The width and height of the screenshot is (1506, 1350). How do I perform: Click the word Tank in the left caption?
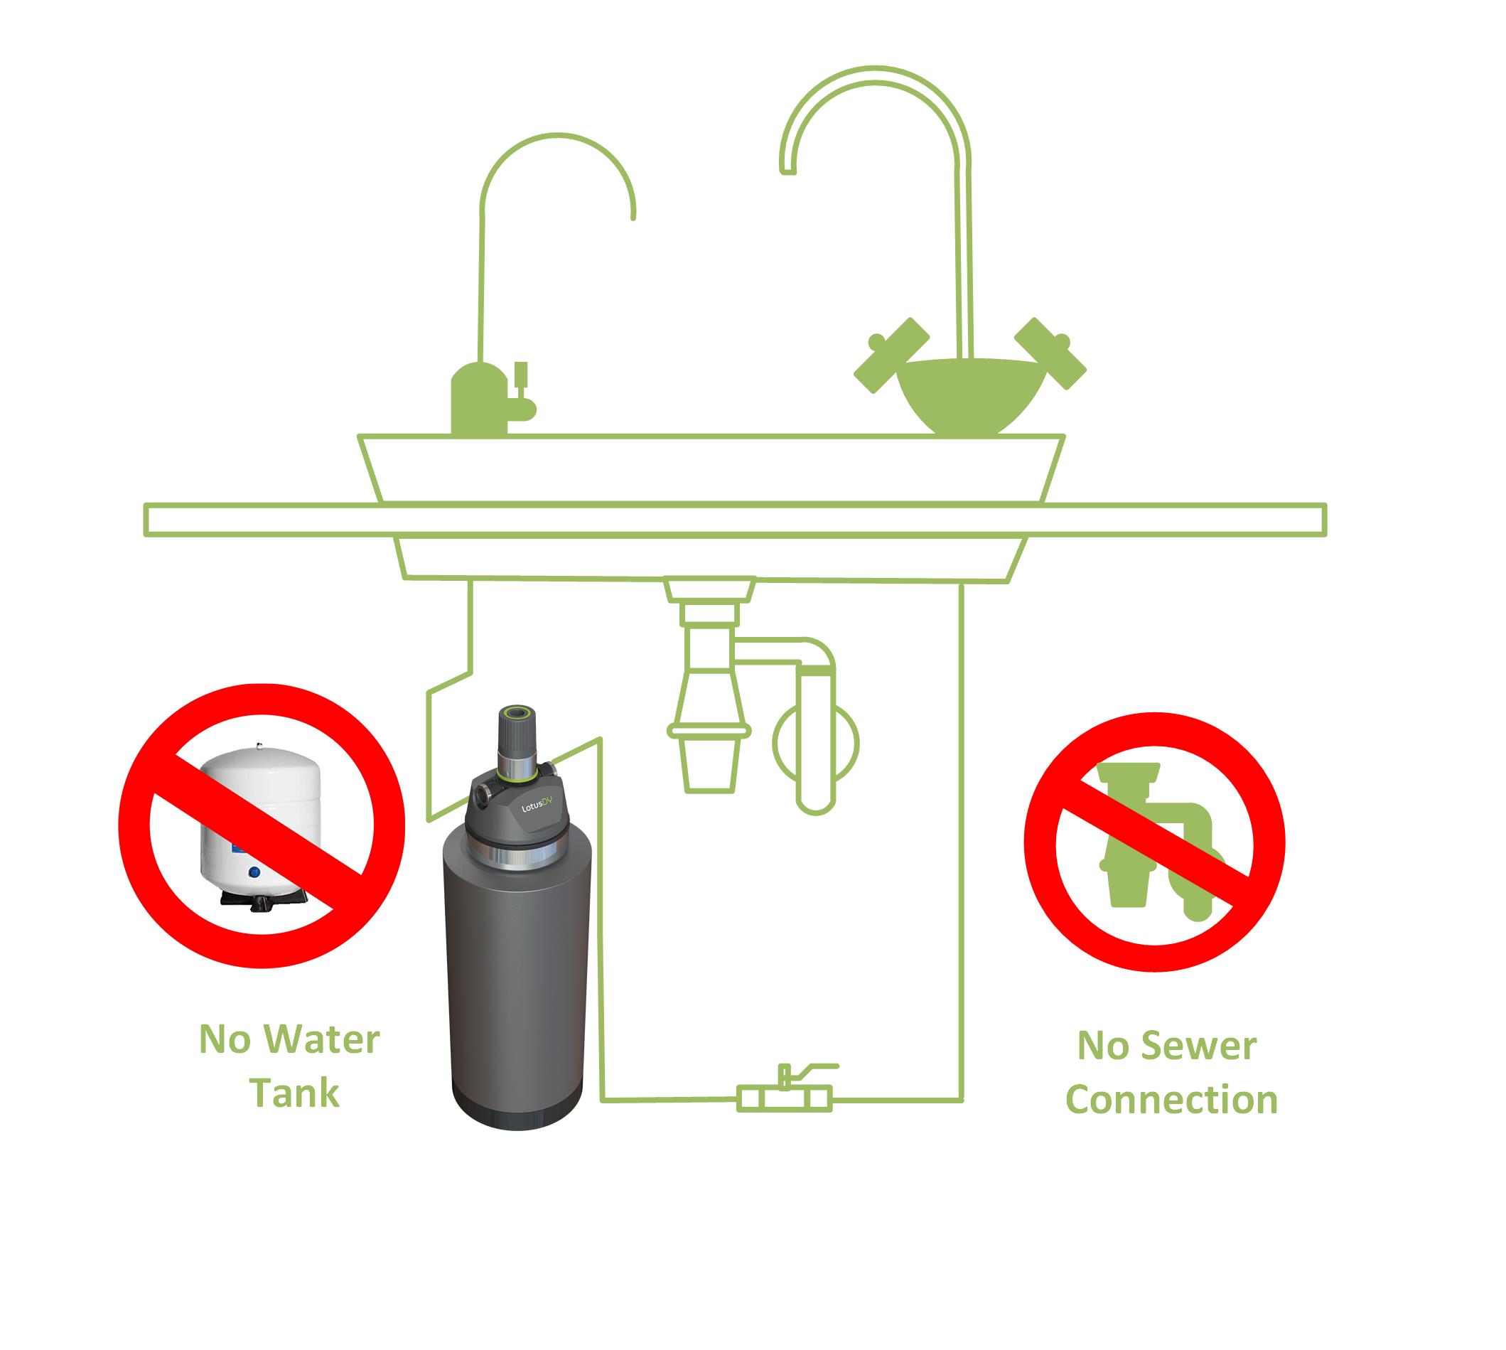click(294, 1093)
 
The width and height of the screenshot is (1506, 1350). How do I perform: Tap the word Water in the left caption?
click(325, 1040)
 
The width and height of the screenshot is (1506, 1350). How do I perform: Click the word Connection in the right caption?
click(1171, 1100)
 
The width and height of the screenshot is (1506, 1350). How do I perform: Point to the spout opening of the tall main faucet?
click(788, 171)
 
